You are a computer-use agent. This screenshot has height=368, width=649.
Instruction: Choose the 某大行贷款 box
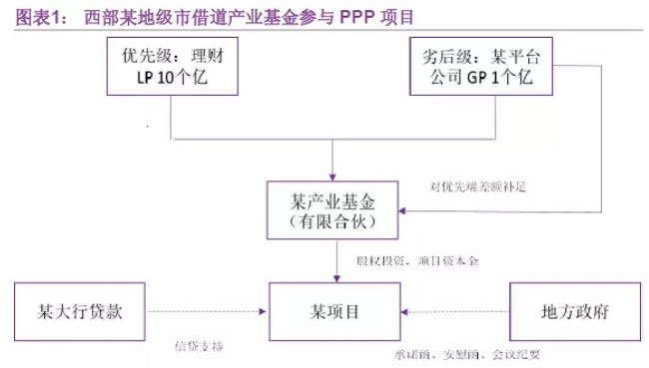pos(82,310)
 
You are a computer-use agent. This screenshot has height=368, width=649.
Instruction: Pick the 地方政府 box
pos(573,310)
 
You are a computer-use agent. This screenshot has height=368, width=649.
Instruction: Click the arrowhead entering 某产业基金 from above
pos(334,176)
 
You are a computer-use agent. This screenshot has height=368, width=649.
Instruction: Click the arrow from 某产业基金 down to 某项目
pos(334,261)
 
